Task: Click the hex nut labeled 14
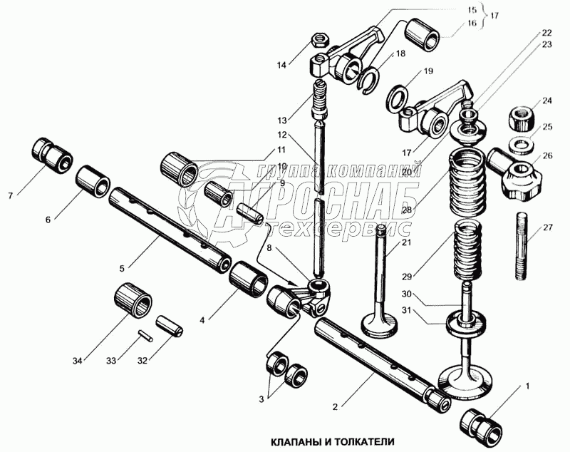click(320, 38)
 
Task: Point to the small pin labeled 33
click(146, 335)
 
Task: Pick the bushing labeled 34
click(133, 300)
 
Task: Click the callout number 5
click(122, 268)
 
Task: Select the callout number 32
click(142, 360)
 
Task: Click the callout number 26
click(547, 155)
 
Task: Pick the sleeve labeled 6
click(93, 183)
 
